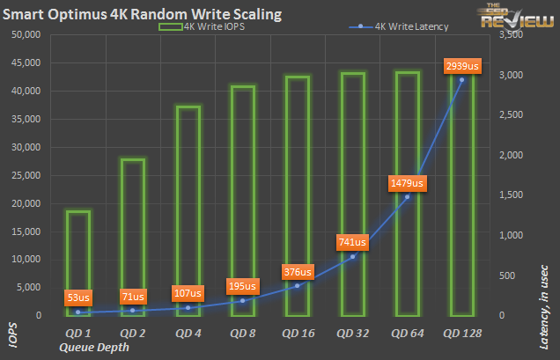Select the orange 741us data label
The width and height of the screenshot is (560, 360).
coord(351,241)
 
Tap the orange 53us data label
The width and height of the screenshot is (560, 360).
coord(77,297)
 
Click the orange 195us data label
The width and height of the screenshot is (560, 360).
coord(242,285)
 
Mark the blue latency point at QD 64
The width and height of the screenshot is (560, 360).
coord(407,197)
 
